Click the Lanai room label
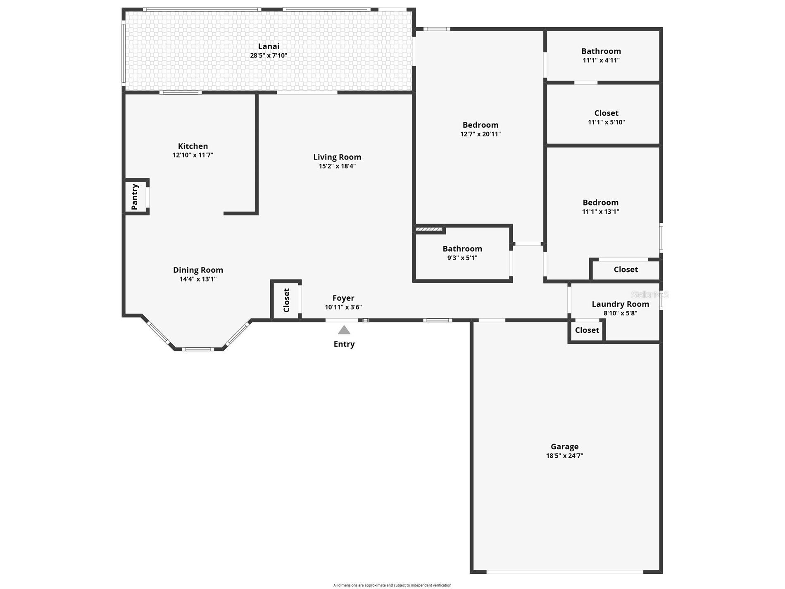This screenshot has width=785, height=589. (269, 46)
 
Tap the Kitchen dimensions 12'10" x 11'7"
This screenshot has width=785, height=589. (193, 155)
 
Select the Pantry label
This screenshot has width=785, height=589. (135, 197)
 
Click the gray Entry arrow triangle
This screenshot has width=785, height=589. (344, 330)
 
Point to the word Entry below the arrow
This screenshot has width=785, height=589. (344, 344)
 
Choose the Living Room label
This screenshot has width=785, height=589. (337, 157)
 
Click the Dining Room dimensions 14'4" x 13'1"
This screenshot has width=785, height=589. (198, 279)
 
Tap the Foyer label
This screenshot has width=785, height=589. (343, 298)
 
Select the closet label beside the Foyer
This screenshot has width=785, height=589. (286, 300)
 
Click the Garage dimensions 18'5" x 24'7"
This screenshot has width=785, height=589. (564, 455)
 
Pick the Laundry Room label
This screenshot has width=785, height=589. (620, 304)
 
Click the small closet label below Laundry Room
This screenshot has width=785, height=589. (587, 330)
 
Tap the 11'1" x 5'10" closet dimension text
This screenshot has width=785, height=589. (606, 122)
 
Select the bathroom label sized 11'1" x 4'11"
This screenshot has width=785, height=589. (601, 51)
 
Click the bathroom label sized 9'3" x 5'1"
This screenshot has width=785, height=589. (462, 249)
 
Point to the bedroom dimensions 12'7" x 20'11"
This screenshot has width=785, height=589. (481, 134)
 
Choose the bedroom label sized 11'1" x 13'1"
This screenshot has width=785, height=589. (600, 203)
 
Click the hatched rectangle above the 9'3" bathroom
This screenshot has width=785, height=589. (429, 229)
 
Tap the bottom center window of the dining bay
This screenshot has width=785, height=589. (198, 349)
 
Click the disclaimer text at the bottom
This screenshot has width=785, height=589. (392, 585)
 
